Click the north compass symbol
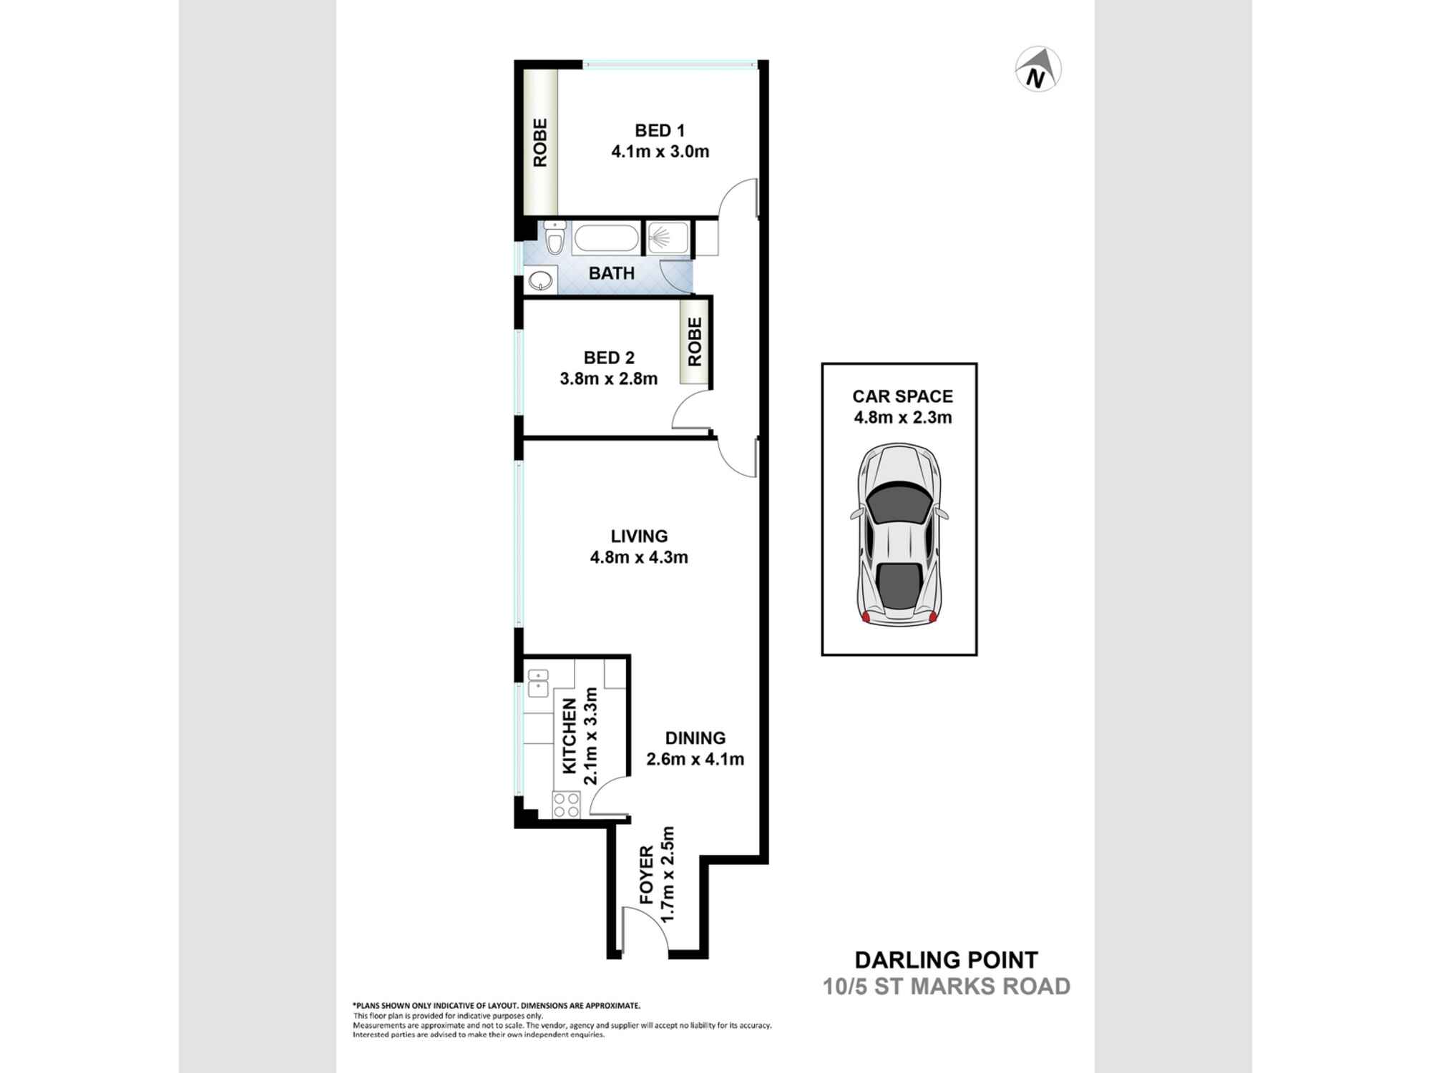[1038, 69]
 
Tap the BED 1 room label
[660, 131]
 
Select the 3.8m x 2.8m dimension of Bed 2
[608, 379]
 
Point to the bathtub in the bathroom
[605, 238]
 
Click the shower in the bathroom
[668, 237]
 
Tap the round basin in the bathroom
[540, 280]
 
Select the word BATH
[612, 273]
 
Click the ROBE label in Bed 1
[540, 142]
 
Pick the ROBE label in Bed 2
[695, 342]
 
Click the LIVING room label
[639, 536]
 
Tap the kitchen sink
[537, 683]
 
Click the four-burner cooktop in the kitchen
[566, 805]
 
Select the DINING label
[695, 738]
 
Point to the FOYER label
[646, 874]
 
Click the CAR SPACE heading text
[902, 396]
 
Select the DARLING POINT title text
[946, 959]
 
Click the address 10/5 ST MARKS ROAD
[946, 986]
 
